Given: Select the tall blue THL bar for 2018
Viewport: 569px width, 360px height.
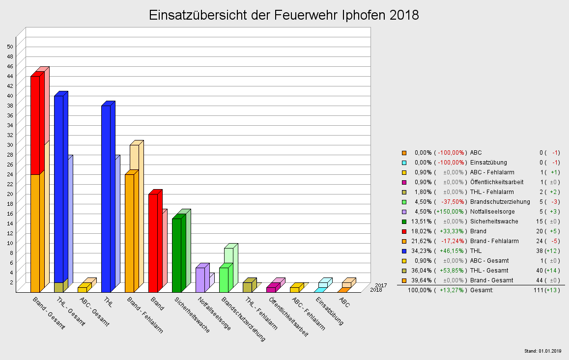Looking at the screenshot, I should [106, 196].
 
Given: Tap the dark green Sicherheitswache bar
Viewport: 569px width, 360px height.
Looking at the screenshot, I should [176, 255].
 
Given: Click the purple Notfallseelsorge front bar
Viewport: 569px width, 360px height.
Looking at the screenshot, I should [200, 280].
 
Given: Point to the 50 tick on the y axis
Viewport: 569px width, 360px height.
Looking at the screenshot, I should [10, 46].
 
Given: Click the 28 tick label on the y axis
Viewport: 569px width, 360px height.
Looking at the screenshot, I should [10, 154].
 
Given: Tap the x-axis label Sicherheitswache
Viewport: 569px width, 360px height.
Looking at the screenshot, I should [192, 315].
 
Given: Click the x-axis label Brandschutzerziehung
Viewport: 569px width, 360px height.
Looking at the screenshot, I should [243, 319].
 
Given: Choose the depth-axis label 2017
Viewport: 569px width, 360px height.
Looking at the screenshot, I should [380, 285].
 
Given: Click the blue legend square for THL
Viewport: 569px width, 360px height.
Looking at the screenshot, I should [404, 251].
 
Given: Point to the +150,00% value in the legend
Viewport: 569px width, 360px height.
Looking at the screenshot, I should [451, 212].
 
